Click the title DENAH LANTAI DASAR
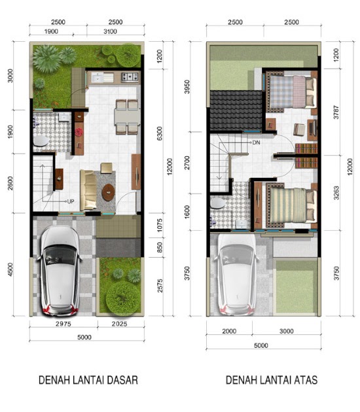pos(88,380)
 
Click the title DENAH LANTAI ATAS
pos(272,380)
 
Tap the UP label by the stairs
pos(71,201)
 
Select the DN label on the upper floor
pos(256,143)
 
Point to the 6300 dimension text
pos(160,134)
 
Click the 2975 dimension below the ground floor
pos(63,324)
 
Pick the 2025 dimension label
pos(119,324)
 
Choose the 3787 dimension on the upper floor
pos(336,112)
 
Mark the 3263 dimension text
pos(336,193)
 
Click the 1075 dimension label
pos(160,225)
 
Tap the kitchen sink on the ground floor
pos(102,77)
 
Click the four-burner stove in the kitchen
pos(130,77)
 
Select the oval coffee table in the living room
pos(108,192)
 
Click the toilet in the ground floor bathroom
pos(41,141)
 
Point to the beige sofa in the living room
pos(88,190)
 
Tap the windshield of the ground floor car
pos(60,255)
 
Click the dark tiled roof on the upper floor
pos(236,110)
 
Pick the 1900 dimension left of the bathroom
pos(10,131)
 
